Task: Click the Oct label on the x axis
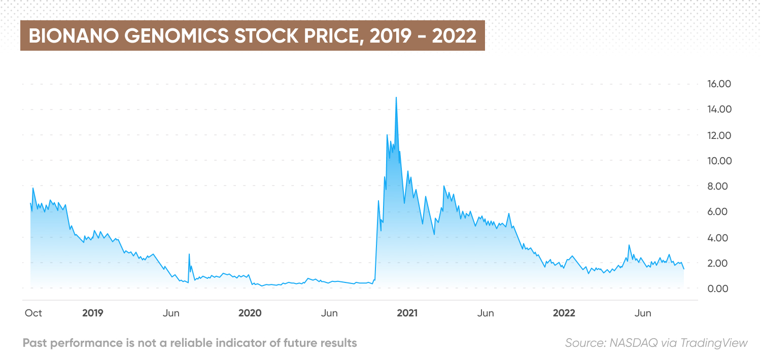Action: coord(33,313)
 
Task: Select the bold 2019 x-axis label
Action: coord(92,313)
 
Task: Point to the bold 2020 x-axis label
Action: coord(250,313)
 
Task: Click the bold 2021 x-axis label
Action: coord(407,313)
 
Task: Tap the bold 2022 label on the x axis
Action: coord(564,313)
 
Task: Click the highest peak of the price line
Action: coord(396,97)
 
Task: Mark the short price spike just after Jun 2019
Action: coord(189,254)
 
